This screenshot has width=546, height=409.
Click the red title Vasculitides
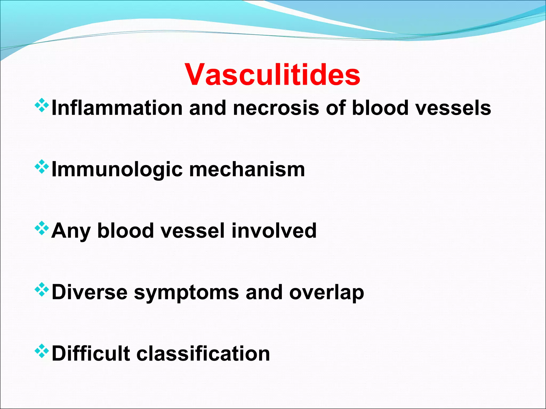tap(272, 75)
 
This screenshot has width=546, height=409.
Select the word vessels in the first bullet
tap(453, 108)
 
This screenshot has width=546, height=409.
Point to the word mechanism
tap(247, 170)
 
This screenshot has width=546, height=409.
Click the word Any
tap(71, 231)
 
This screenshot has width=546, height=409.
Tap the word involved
tap(274, 231)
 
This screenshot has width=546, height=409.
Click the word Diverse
tap(90, 292)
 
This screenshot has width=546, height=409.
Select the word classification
tap(203, 353)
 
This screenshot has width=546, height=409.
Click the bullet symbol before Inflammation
tap(42, 105)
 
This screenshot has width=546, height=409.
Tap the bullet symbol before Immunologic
tap(42, 167)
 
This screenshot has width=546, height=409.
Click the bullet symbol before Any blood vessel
tap(42, 228)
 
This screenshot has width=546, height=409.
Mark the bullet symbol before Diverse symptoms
tap(42, 290)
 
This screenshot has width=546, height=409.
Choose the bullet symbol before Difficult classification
tap(42, 351)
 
